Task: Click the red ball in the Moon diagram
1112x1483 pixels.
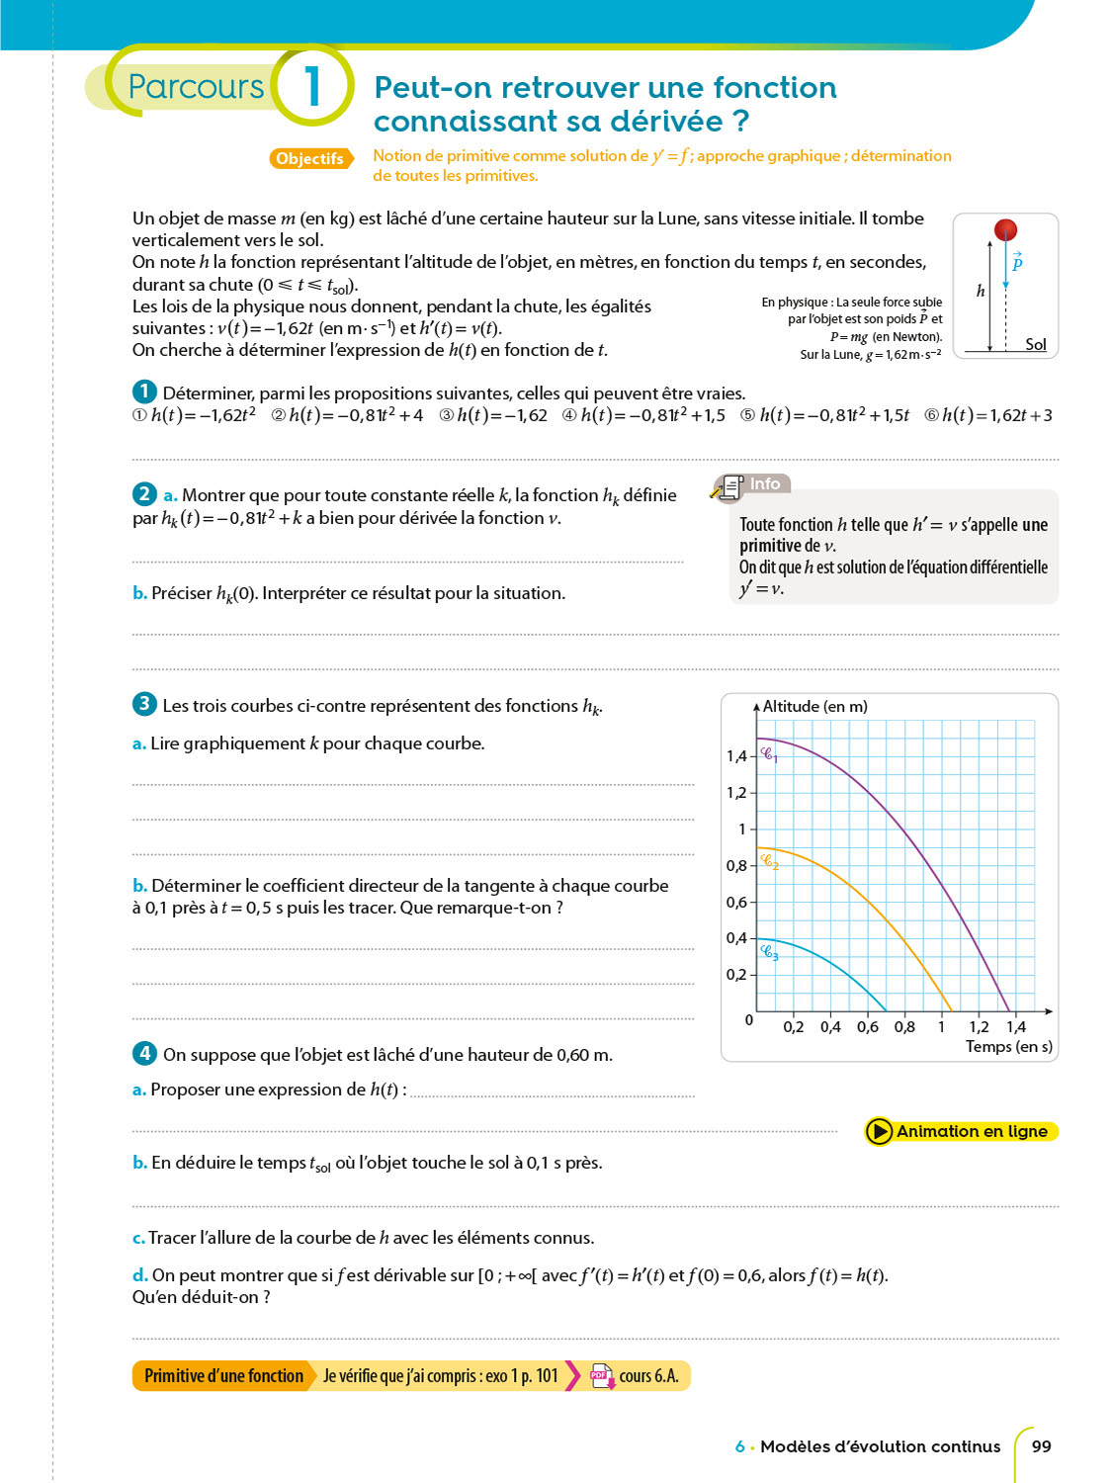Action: click(x=1005, y=230)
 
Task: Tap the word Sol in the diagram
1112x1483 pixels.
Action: click(x=1035, y=344)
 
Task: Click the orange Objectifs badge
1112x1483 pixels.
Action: click(x=310, y=158)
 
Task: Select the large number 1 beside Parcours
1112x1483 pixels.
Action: click(x=312, y=86)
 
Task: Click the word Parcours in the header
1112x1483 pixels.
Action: click(x=196, y=87)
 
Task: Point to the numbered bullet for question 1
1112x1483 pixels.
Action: click(x=144, y=392)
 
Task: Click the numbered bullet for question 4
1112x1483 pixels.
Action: click(x=144, y=1053)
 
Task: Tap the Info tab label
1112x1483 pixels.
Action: click(x=765, y=483)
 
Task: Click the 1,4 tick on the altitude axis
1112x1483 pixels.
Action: click(x=736, y=756)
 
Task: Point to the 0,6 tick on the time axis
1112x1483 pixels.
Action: click(x=868, y=1027)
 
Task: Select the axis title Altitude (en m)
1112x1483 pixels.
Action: click(x=814, y=706)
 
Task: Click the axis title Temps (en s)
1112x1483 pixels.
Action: click(x=1008, y=1046)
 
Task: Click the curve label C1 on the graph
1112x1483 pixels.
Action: click(x=769, y=755)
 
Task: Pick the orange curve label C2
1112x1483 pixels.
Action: click(x=770, y=861)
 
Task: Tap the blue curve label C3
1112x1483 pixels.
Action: click(x=770, y=952)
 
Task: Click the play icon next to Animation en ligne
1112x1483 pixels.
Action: click(x=878, y=1131)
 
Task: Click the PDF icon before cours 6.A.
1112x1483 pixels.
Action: click(x=601, y=1375)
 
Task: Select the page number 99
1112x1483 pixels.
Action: click(x=1041, y=1446)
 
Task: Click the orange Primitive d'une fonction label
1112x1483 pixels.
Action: click(x=223, y=1375)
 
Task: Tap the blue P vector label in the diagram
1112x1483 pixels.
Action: click(x=1017, y=262)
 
